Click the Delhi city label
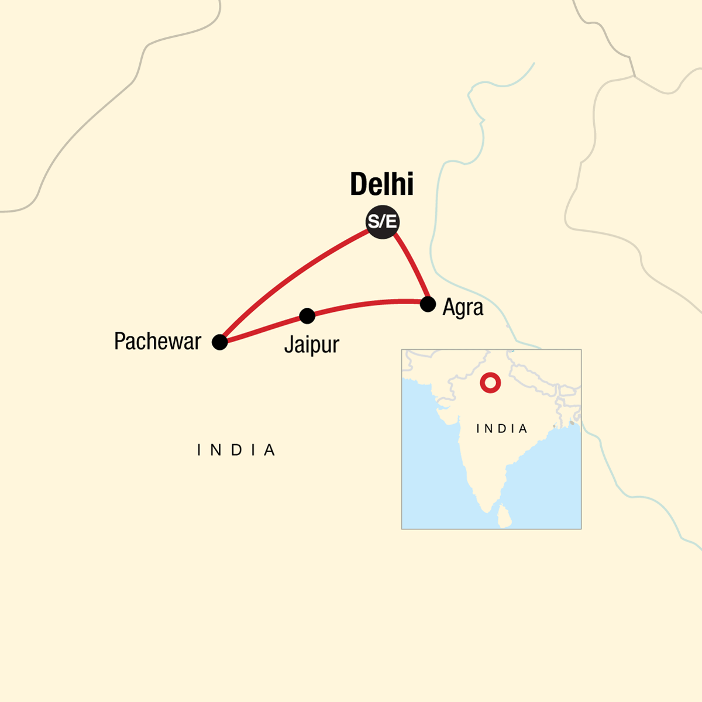pos(381,184)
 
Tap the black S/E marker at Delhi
pos(382,222)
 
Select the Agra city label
pos(463,307)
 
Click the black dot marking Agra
pos(428,304)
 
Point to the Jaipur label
pos(311,345)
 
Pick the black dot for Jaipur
pos(307,316)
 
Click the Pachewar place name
pos(157,341)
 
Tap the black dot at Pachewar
pos(219,342)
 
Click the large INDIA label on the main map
pos(236,450)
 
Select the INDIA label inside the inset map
pos(502,429)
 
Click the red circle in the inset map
pos(490,383)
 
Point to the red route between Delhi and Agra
pos(413,266)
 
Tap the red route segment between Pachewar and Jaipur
pos(263,329)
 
